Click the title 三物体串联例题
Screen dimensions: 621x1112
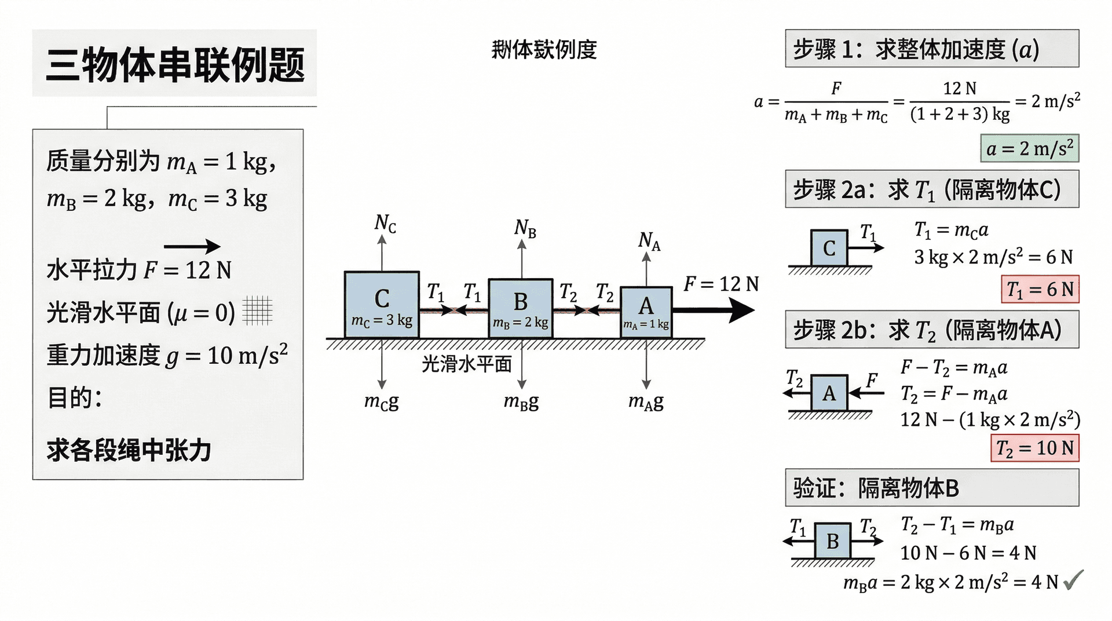click(175, 65)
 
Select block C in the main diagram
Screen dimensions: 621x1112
click(382, 305)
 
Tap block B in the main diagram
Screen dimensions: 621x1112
click(520, 308)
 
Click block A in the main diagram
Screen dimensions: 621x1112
click(646, 312)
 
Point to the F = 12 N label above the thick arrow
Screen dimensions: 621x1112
click(721, 284)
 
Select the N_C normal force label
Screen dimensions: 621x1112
click(385, 222)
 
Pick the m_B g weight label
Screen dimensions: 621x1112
click(521, 401)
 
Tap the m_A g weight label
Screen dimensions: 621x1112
click(646, 401)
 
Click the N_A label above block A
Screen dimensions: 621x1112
click(649, 240)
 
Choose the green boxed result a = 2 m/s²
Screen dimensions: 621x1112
click(1030, 149)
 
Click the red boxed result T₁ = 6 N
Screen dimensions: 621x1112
click(1040, 289)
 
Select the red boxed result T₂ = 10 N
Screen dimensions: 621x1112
click(1035, 448)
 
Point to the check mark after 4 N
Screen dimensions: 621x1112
click(1073, 579)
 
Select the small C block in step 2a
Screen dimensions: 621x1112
click(829, 249)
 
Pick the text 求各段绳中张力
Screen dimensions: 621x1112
click(129, 450)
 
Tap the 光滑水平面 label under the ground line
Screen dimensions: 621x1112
click(467, 364)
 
